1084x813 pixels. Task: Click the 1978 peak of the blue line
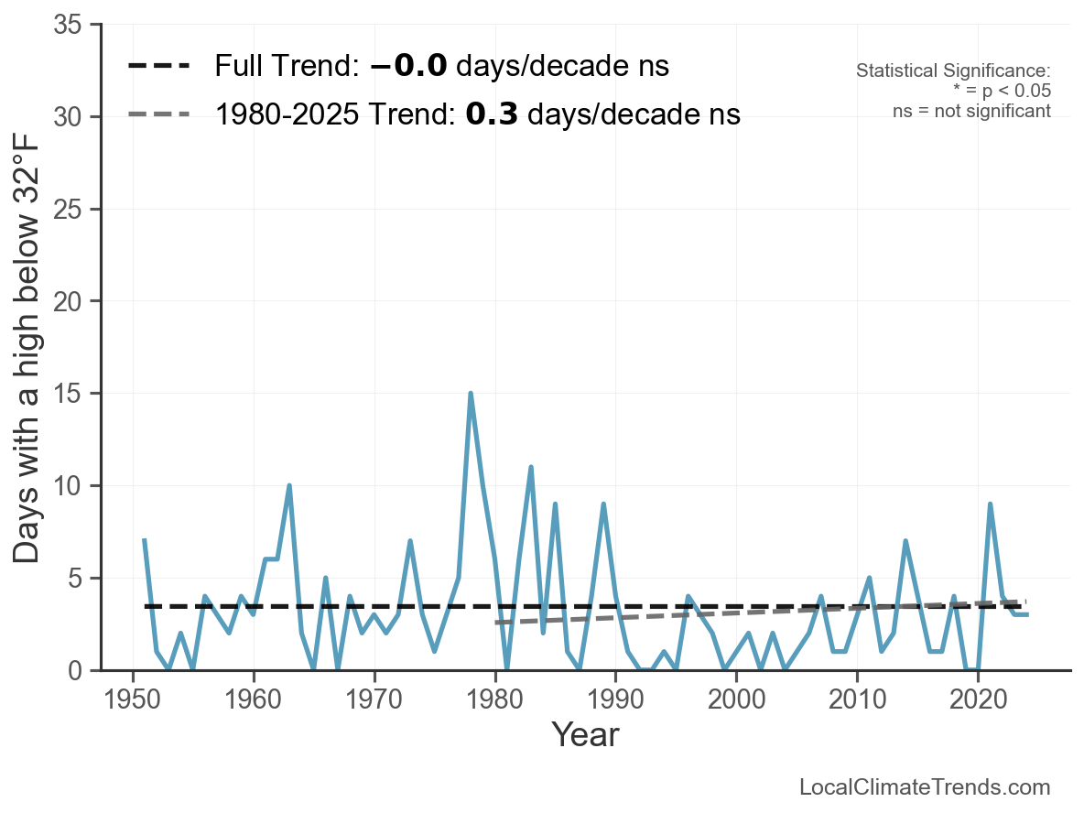coord(471,394)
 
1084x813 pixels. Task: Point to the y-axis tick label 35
coord(70,25)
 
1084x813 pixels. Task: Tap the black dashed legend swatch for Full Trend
coord(158,66)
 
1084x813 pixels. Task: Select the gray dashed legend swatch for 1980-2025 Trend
coord(158,114)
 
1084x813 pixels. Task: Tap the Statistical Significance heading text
coord(953,71)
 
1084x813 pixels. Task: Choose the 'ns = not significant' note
coord(971,111)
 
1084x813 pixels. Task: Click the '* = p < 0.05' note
coord(1001,91)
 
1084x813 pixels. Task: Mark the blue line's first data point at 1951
coord(145,541)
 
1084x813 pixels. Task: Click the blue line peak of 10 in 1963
coord(289,485)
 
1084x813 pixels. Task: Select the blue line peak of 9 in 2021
coord(990,504)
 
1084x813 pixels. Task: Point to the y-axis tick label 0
coord(76,671)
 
